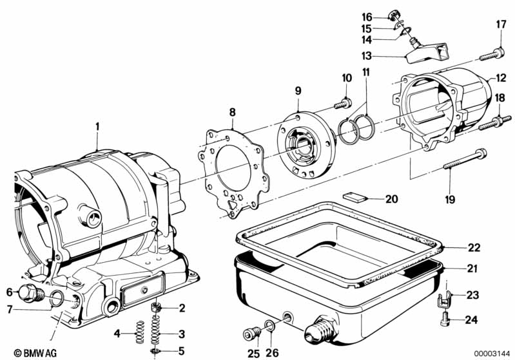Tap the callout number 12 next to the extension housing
[500, 79]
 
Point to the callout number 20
[393, 198]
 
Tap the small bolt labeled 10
[342, 101]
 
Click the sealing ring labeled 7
[57, 298]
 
